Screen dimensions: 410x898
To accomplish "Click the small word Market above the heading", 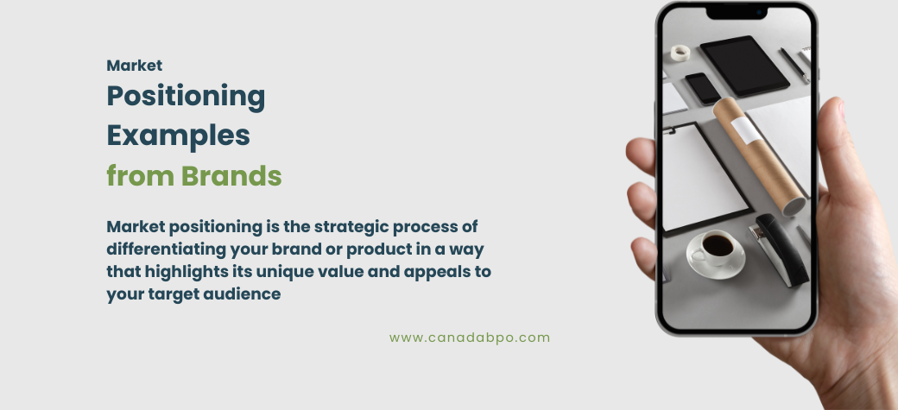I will coord(134,65).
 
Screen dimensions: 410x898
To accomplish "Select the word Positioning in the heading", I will coord(186,97).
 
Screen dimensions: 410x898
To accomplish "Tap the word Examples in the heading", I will coord(178,136).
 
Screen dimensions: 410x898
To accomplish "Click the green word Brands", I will coord(231,175).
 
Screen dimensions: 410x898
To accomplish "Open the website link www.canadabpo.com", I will coord(469,337).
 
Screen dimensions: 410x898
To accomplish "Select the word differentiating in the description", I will coord(166,249).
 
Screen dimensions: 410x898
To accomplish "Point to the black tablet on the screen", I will coord(743,64).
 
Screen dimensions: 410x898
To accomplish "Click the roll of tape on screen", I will coord(680,53).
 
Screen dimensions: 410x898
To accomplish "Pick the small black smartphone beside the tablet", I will coord(703,88).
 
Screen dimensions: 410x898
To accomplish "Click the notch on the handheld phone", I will coord(736,12).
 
